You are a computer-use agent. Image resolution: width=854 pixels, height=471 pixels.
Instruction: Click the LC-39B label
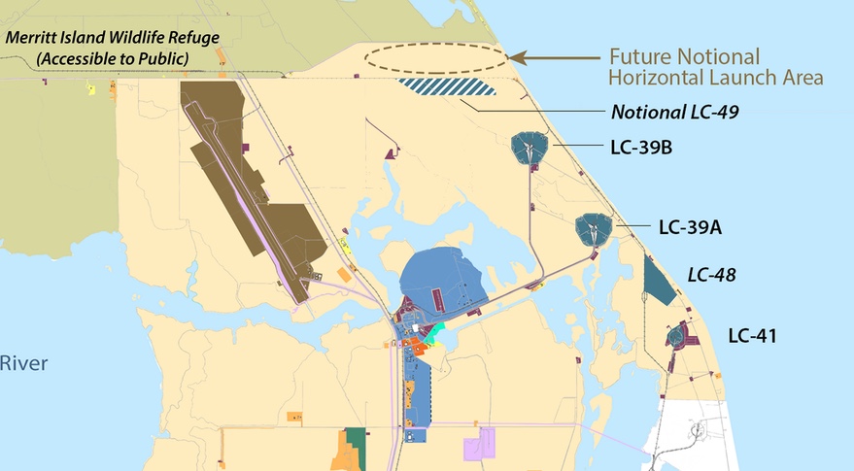point(642,149)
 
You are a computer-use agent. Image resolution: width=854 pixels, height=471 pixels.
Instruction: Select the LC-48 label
point(710,275)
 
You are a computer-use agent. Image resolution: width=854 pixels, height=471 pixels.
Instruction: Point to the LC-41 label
point(753,336)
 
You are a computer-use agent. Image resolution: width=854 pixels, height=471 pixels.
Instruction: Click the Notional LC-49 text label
point(674,112)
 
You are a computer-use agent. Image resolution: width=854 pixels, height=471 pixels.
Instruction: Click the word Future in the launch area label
point(640,56)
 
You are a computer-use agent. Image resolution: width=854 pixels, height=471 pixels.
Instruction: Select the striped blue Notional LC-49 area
point(446,86)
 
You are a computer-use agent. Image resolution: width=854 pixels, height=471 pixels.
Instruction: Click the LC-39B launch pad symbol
point(529,149)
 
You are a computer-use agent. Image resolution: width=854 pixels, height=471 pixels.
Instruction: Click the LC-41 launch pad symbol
point(677,337)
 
